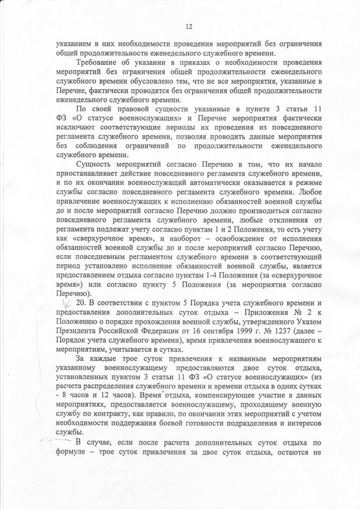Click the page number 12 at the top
[x=188, y=26]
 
